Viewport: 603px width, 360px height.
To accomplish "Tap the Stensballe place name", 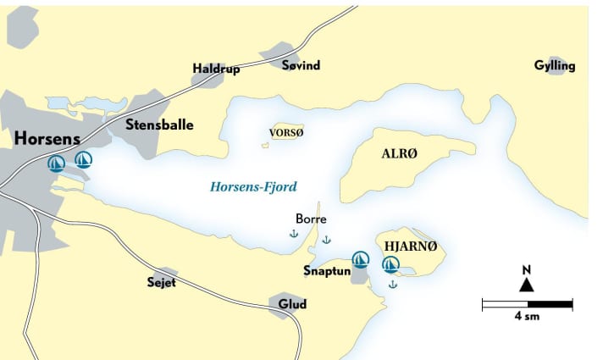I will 159,125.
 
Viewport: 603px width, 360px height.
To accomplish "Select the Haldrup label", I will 216,69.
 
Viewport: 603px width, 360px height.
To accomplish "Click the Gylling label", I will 555,66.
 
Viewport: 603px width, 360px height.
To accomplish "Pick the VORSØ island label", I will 285,133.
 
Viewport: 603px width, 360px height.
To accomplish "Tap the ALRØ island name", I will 400,153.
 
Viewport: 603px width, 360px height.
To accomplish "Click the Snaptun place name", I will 326,271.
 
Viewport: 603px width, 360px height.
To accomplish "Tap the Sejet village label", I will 160,282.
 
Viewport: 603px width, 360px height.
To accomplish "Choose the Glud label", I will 292,305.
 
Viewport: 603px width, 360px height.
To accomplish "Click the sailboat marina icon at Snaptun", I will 360,258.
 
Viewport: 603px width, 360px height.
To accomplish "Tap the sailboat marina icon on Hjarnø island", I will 390,264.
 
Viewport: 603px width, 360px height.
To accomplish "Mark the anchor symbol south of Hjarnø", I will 392,285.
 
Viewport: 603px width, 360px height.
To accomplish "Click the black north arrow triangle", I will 527,285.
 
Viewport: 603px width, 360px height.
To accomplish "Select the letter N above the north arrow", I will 527,270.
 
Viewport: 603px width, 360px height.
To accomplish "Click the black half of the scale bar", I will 550,303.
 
